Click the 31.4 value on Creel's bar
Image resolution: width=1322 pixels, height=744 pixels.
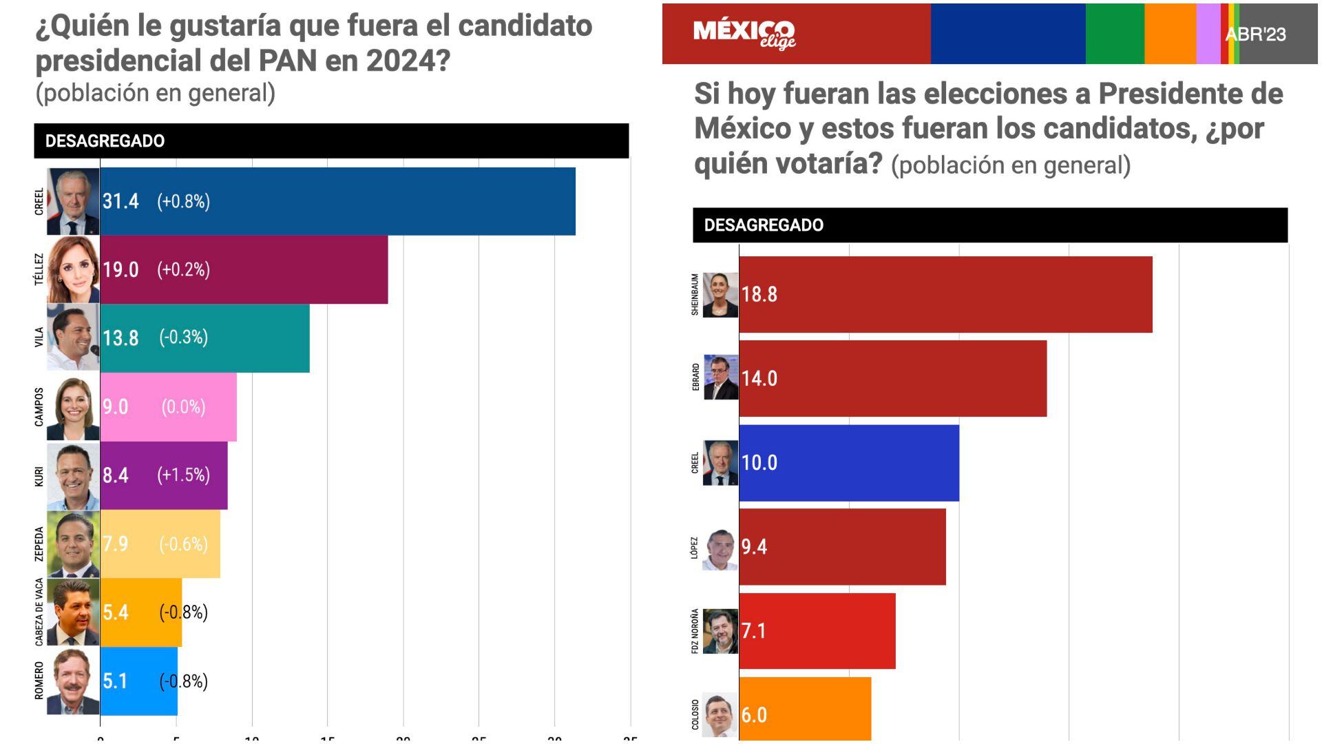120,201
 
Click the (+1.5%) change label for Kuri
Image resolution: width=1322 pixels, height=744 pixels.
183,475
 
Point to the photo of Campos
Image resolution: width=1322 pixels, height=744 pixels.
73,407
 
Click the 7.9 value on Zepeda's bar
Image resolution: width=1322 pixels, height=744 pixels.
115,544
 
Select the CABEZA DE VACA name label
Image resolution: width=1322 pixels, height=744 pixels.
39,612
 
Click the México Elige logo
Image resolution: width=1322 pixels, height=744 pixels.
744,33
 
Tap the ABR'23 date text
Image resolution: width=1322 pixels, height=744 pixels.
1255,34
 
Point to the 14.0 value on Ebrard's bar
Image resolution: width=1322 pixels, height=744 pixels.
759,378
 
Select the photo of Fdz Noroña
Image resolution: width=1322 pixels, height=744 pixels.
720,631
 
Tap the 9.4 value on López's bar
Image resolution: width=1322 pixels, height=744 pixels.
755,547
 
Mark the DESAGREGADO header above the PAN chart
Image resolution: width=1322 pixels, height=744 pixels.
105,141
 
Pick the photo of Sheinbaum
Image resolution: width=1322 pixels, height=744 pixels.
720,295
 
